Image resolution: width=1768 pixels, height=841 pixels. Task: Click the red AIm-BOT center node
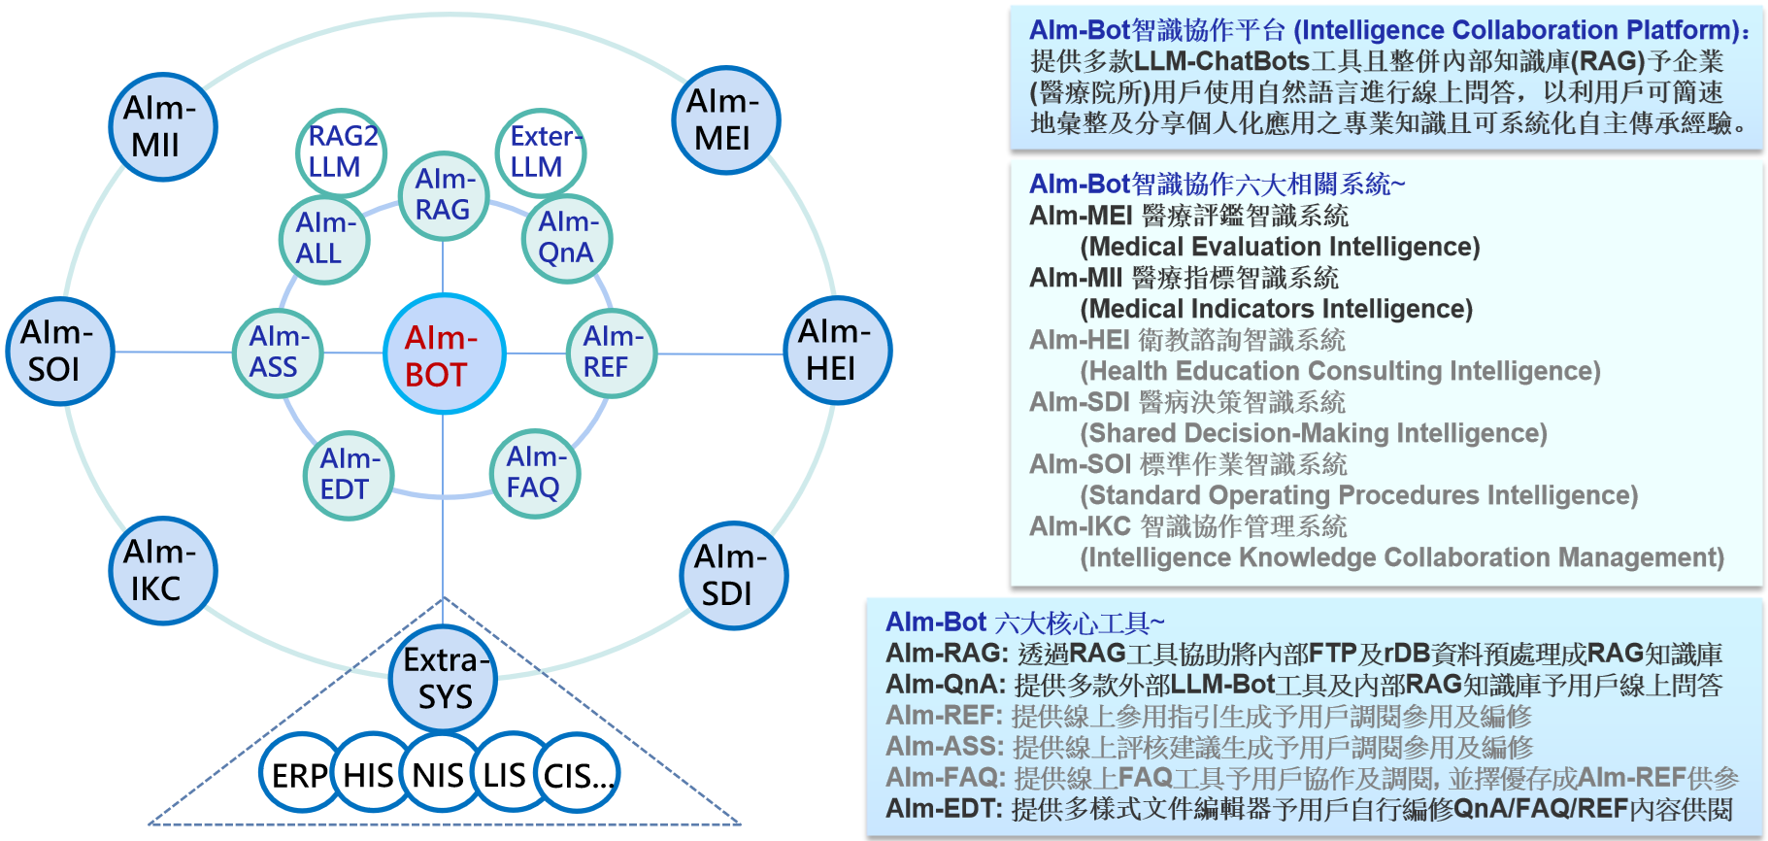click(x=444, y=354)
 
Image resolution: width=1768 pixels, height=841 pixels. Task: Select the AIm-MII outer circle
click(x=162, y=127)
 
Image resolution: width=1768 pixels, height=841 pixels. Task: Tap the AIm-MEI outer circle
click(x=726, y=120)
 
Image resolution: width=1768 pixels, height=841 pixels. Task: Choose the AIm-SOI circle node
click(x=60, y=352)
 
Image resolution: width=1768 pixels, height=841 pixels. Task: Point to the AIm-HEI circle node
click(x=837, y=351)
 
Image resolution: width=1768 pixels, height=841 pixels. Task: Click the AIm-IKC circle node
click(x=162, y=570)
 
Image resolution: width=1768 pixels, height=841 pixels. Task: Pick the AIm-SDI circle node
click(x=733, y=576)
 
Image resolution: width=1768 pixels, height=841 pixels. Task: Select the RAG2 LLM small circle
click(x=341, y=152)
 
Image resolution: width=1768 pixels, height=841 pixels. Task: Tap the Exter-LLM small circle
click(x=541, y=152)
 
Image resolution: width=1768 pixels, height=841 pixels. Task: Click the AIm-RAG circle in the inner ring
click(x=444, y=196)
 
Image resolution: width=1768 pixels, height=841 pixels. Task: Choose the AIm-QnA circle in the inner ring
click(x=567, y=238)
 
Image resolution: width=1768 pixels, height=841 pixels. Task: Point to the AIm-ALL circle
click(x=324, y=239)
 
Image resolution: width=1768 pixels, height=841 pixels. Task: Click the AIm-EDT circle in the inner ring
click(x=349, y=475)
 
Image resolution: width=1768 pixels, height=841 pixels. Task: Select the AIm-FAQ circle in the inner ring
click(x=535, y=473)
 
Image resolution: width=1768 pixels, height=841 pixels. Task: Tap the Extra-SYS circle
click(x=443, y=679)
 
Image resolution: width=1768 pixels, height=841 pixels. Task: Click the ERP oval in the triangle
click(x=300, y=773)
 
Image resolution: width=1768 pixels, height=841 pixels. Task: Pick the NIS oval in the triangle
click(x=438, y=773)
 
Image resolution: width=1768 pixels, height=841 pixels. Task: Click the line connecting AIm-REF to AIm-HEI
click(x=720, y=353)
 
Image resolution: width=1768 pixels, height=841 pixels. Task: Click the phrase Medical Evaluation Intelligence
click(x=1280, y=247)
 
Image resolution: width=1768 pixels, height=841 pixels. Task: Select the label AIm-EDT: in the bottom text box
click(x=945, y=809)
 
